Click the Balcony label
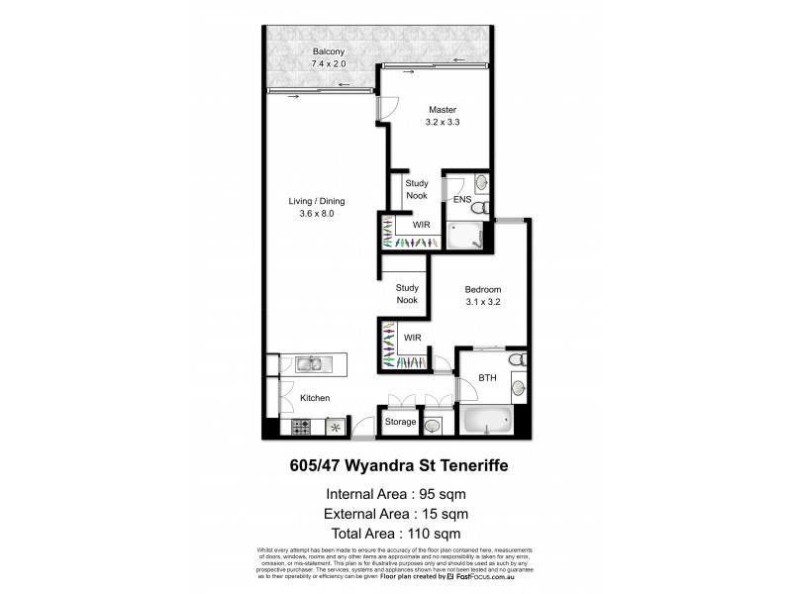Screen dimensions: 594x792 click(301, 51)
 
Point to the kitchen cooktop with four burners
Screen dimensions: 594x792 click(301, 428)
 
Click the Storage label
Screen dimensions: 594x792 click(400, 422)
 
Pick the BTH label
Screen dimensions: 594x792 click(486, 377)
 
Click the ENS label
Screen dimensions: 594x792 click(461, 199)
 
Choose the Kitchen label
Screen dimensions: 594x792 click(315, 398)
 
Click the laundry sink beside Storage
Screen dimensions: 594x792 click(434, 426)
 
